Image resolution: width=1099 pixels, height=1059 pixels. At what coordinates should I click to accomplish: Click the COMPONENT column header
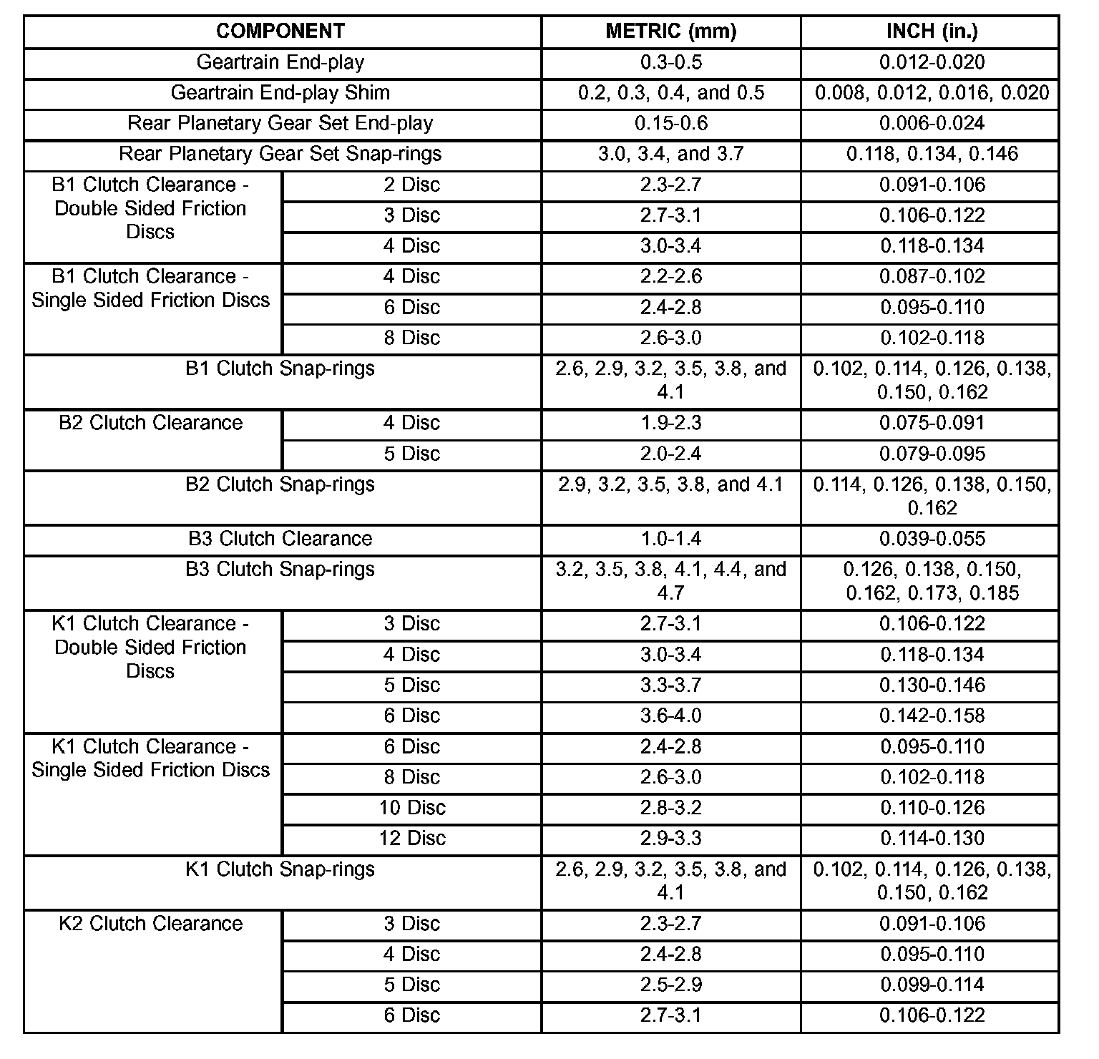(x=280, y=31)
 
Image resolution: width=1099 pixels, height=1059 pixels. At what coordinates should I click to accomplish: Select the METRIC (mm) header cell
(x=670, y=31)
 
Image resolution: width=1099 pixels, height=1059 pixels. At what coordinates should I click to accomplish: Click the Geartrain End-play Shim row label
(x=280, y=93)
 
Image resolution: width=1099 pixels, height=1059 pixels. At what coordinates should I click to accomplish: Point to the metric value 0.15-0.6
(x=670, y=124)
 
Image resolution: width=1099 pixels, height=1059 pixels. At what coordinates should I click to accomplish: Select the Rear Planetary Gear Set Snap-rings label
(x=280, y=155)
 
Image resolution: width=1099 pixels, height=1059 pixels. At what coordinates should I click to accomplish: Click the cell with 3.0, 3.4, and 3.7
(x=670, y=155)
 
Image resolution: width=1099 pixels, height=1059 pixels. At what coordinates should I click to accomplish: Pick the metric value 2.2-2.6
(x=670, y=277)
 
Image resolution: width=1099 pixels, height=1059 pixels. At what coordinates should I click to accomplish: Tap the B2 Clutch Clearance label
(x=151, y=423)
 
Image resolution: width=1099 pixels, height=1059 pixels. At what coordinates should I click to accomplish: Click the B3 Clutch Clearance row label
(x=280, y=539)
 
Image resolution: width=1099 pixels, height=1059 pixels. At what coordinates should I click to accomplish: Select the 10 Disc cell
(x=412, y=808)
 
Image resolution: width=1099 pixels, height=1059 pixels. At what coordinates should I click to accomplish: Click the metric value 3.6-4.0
(x=670, y=716)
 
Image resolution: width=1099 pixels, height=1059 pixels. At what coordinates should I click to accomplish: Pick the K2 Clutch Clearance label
(x=151, y=924)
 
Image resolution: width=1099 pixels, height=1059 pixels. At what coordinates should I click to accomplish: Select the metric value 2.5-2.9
(x=670, y=985)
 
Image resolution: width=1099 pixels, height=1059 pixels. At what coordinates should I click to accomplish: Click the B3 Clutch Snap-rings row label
(x=280, y=570)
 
